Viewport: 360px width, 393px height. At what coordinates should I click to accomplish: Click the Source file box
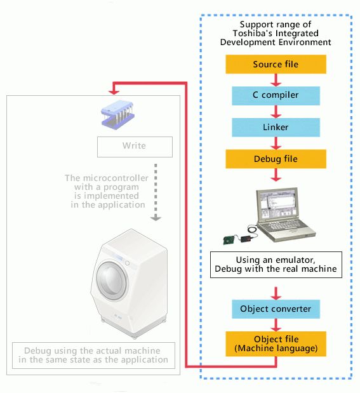pos(276,64)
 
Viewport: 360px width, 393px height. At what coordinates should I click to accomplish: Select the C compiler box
pos(276,95)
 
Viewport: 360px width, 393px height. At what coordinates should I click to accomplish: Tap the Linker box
pos(276,128)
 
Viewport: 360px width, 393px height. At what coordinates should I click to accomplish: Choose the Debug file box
pos(276,159)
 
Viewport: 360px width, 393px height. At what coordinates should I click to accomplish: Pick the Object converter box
pos(276,309)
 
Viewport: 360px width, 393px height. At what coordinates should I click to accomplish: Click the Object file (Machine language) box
pos(276,343)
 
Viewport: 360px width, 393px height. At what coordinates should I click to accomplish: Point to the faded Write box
pos(135,147)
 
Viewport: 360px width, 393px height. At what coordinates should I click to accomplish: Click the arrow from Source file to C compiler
pos(276,80)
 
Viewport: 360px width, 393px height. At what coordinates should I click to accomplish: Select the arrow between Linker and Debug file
pos(276,143)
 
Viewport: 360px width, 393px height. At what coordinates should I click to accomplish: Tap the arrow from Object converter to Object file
pos(276,325)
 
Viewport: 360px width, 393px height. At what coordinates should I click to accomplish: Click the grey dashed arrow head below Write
pos(156,218)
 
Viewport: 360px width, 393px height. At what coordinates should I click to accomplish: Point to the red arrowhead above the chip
pos(114,92)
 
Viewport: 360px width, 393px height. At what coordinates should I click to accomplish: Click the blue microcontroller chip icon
pos(117,114)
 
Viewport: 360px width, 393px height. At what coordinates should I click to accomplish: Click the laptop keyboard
pos(283,225)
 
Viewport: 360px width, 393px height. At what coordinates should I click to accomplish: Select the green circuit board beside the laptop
pos(229,240)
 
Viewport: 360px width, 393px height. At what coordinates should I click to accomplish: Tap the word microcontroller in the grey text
pos(116,178)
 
